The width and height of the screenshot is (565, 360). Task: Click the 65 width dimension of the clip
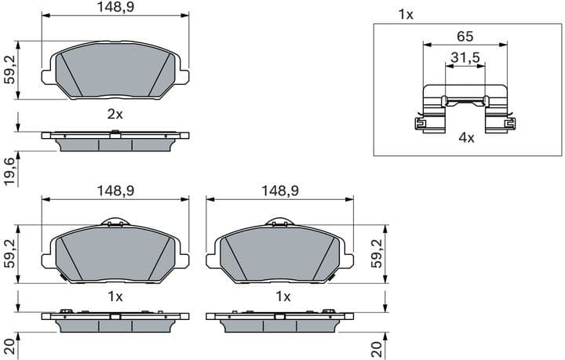point(465,36)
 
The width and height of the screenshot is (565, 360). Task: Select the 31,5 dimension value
point(465,58)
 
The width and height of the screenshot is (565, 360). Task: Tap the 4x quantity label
point(466,137)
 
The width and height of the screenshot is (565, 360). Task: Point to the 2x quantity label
point(115,114)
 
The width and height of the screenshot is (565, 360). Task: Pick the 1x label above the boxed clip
point(405,14)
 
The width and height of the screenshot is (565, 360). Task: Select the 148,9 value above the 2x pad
point(115,7)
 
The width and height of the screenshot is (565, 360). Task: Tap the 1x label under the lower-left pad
point(115,296)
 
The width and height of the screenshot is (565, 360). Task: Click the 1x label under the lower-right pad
point(282,296)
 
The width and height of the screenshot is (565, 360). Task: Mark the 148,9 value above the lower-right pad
point(281,191)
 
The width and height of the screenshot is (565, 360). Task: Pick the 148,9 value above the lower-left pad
point(115,191)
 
